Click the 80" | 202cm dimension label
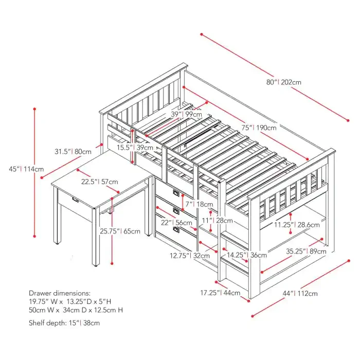pyautogui.click(x=283, y=82)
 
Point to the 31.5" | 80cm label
pyautogui.click(x=73, y=152)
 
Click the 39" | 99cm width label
pyautogui.click(x=186, y=114)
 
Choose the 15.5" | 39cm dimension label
pyautogui.click(x=134, y=147)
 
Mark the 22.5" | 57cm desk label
pyautogui.click(x=100, y=182)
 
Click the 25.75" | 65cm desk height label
pyautogui.click(x=120, y=231)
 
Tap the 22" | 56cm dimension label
pyautogui.click(x=176, y=223)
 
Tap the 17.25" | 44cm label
pyautogui.click(x=220, y=293)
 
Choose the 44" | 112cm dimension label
pyautogui.click(x=300, y=293)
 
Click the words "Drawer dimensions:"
pyautogui.click(x=60, y=292)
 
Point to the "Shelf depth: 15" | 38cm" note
pyautogui.click(x=64, y=323)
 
